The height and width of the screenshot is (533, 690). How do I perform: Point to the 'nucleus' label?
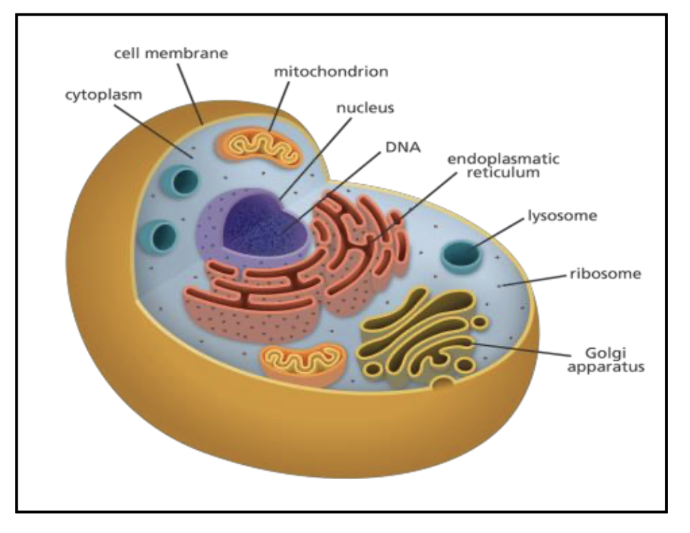pos(365,108)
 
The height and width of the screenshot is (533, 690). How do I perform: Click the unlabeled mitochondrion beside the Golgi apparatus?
pos(302,359)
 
